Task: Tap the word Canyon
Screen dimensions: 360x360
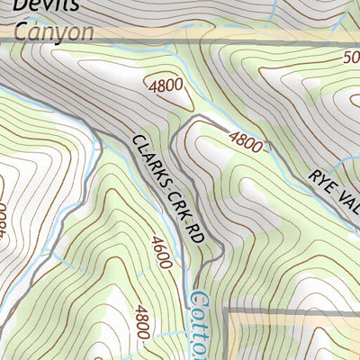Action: pyautogui.click(x=53, y=31)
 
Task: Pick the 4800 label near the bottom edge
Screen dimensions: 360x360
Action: pyautogui.click(x=142, y=324)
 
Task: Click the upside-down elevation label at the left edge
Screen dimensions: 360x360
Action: pyautogui.click(x=4, y=216)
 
